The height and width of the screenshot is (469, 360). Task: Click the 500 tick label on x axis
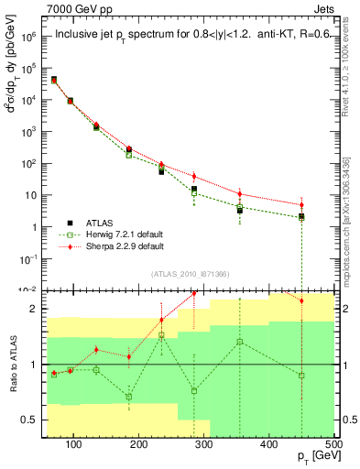(x=333, y=444)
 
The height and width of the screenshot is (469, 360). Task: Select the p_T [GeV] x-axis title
(x=314, y=458)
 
